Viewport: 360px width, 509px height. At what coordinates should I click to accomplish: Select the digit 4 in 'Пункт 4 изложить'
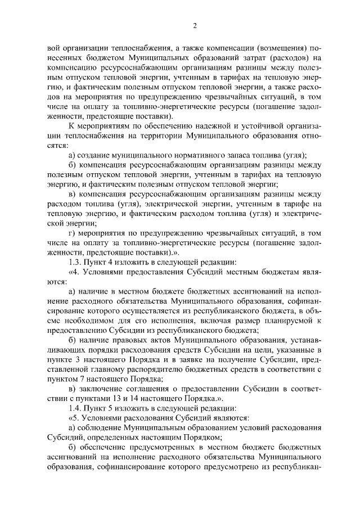point(107,262)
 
